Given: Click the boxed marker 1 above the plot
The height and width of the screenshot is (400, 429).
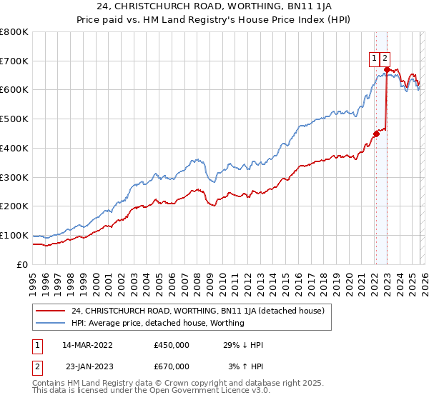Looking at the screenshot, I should [x=374, y=59].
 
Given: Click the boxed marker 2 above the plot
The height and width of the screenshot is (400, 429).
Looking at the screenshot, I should [x=385, y=59].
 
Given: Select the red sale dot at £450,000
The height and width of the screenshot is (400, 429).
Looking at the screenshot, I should [x=376, y=133].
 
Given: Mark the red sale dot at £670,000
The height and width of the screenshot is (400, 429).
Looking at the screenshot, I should [x=387, y=69].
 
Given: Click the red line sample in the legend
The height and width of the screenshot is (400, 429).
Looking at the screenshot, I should [x=51, y=311].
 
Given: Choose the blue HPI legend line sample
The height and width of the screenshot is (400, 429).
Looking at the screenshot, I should [x=51, y=323].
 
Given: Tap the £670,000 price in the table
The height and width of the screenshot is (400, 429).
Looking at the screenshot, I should [x=171, y=366].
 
